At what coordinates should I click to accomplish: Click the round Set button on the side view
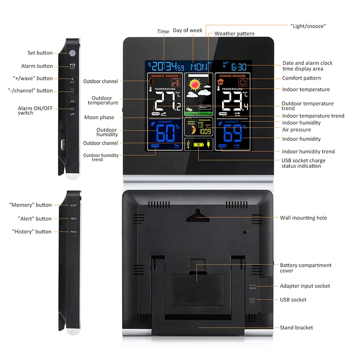(72, 53)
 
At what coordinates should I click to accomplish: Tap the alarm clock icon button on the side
(72, 67)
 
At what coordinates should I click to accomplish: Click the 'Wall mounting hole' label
(303, 218)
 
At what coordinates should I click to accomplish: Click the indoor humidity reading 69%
(232, 133)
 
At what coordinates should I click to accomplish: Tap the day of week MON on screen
(199, 67)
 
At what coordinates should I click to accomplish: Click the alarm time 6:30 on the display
(238, 67)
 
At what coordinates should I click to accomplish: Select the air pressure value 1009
(205, 132)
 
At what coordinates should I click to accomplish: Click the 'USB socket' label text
(293, 300)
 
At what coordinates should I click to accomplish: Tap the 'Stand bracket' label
(296, 328)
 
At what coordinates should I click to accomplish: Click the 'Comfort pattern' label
(301, 78)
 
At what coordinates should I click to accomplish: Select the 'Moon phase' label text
(99, 117)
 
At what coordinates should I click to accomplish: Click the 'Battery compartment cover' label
(306, 268)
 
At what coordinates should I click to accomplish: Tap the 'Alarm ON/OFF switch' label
(31, 111)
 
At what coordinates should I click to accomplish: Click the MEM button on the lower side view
(73, 205)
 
